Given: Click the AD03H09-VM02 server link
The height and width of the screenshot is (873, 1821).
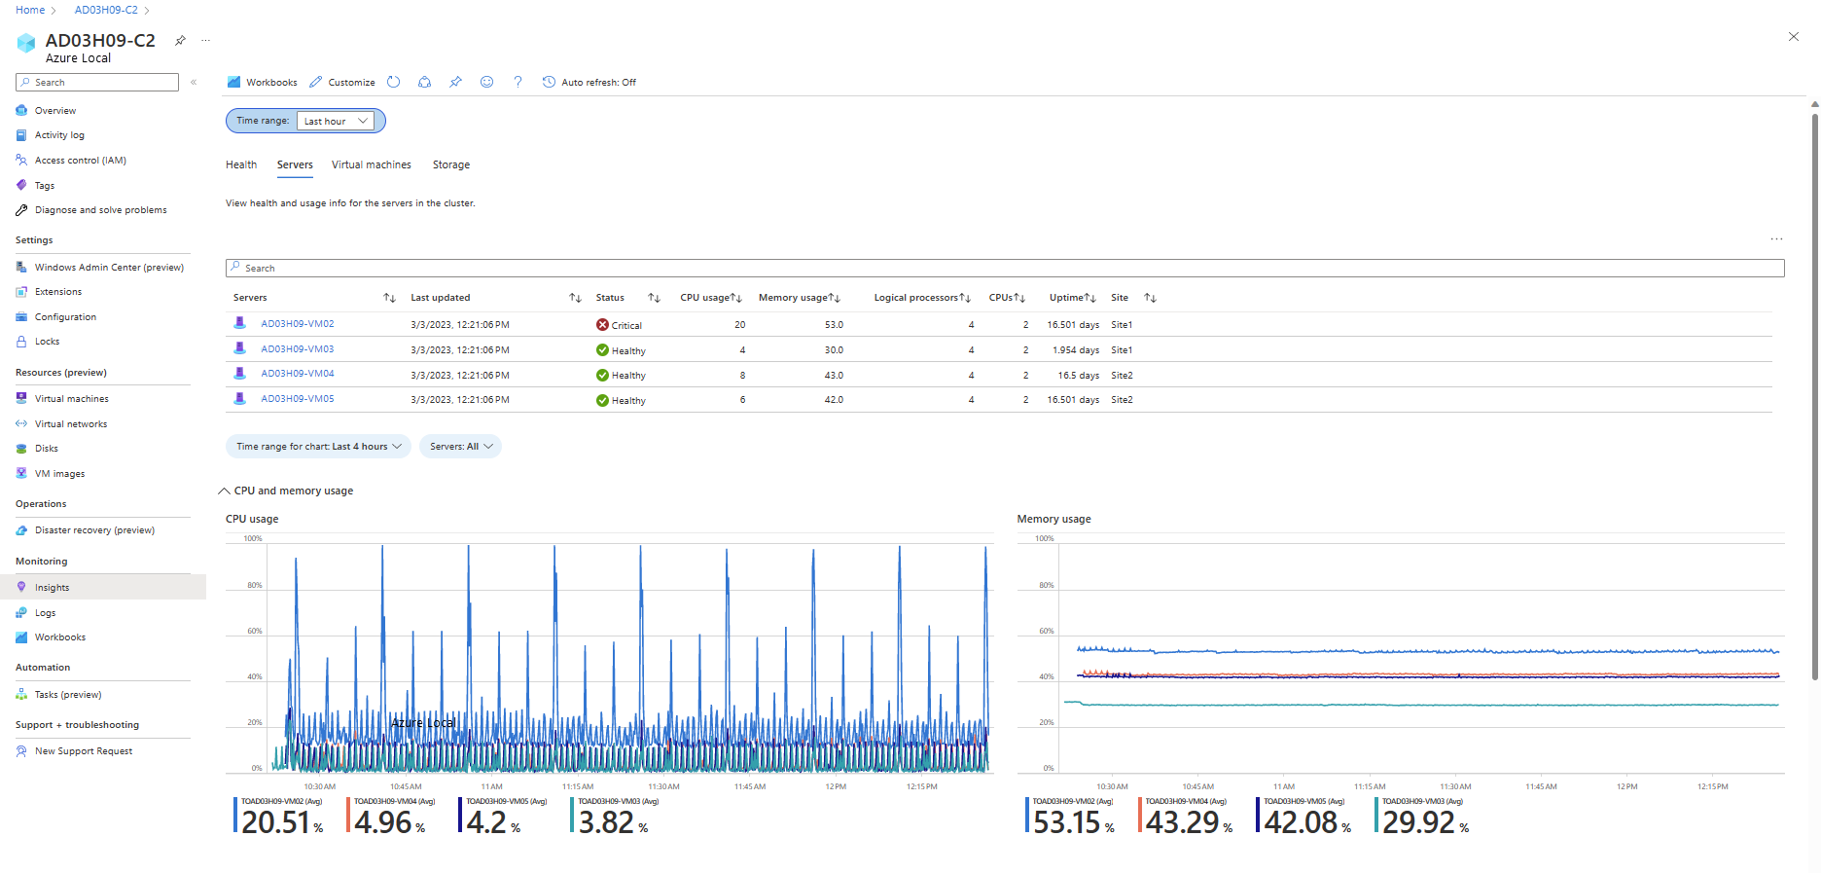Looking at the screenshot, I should (297, 324).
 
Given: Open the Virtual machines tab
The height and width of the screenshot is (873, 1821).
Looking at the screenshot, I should (371, 165).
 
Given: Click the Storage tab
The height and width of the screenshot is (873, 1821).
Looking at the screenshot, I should (450, 165).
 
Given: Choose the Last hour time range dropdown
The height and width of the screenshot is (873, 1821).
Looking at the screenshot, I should (335, 121).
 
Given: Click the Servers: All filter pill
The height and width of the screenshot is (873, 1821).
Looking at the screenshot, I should (460, 447).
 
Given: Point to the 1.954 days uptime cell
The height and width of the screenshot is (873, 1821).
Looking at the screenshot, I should (1075, 350).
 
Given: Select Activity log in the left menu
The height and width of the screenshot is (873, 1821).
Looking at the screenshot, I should (59, 135).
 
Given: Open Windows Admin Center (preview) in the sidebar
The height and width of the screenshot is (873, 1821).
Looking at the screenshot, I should (109, 268).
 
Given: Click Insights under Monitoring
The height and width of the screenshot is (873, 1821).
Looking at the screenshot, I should (52, 588).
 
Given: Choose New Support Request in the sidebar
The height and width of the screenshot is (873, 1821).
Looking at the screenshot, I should (84, 751).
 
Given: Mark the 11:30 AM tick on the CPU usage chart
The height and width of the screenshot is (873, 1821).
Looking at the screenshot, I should (663, 786).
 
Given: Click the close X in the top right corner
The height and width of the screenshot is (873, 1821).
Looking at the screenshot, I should (1793, 37).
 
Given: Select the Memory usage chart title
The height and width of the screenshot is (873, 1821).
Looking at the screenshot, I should (1053, 520).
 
